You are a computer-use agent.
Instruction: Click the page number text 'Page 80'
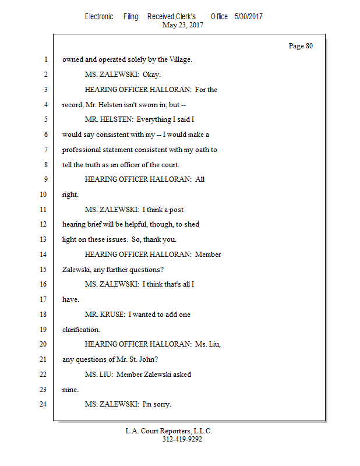pyautogui.click(x=301, y=46)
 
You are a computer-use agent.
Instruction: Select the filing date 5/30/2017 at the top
pyautogui.click(x=249, y=16)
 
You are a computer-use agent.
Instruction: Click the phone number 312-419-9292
pyautogui.click(x=182, y=439)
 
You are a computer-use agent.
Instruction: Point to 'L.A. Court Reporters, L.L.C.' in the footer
pyautogui.click(x=169, y=431)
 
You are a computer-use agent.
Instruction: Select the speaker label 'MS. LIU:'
pyautogui.click(x=98, y=374)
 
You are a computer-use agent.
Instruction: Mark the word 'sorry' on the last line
pyautogui.click(x=160, y=404)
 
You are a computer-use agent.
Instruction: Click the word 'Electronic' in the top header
pyautogui.click(x=99, y=16)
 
